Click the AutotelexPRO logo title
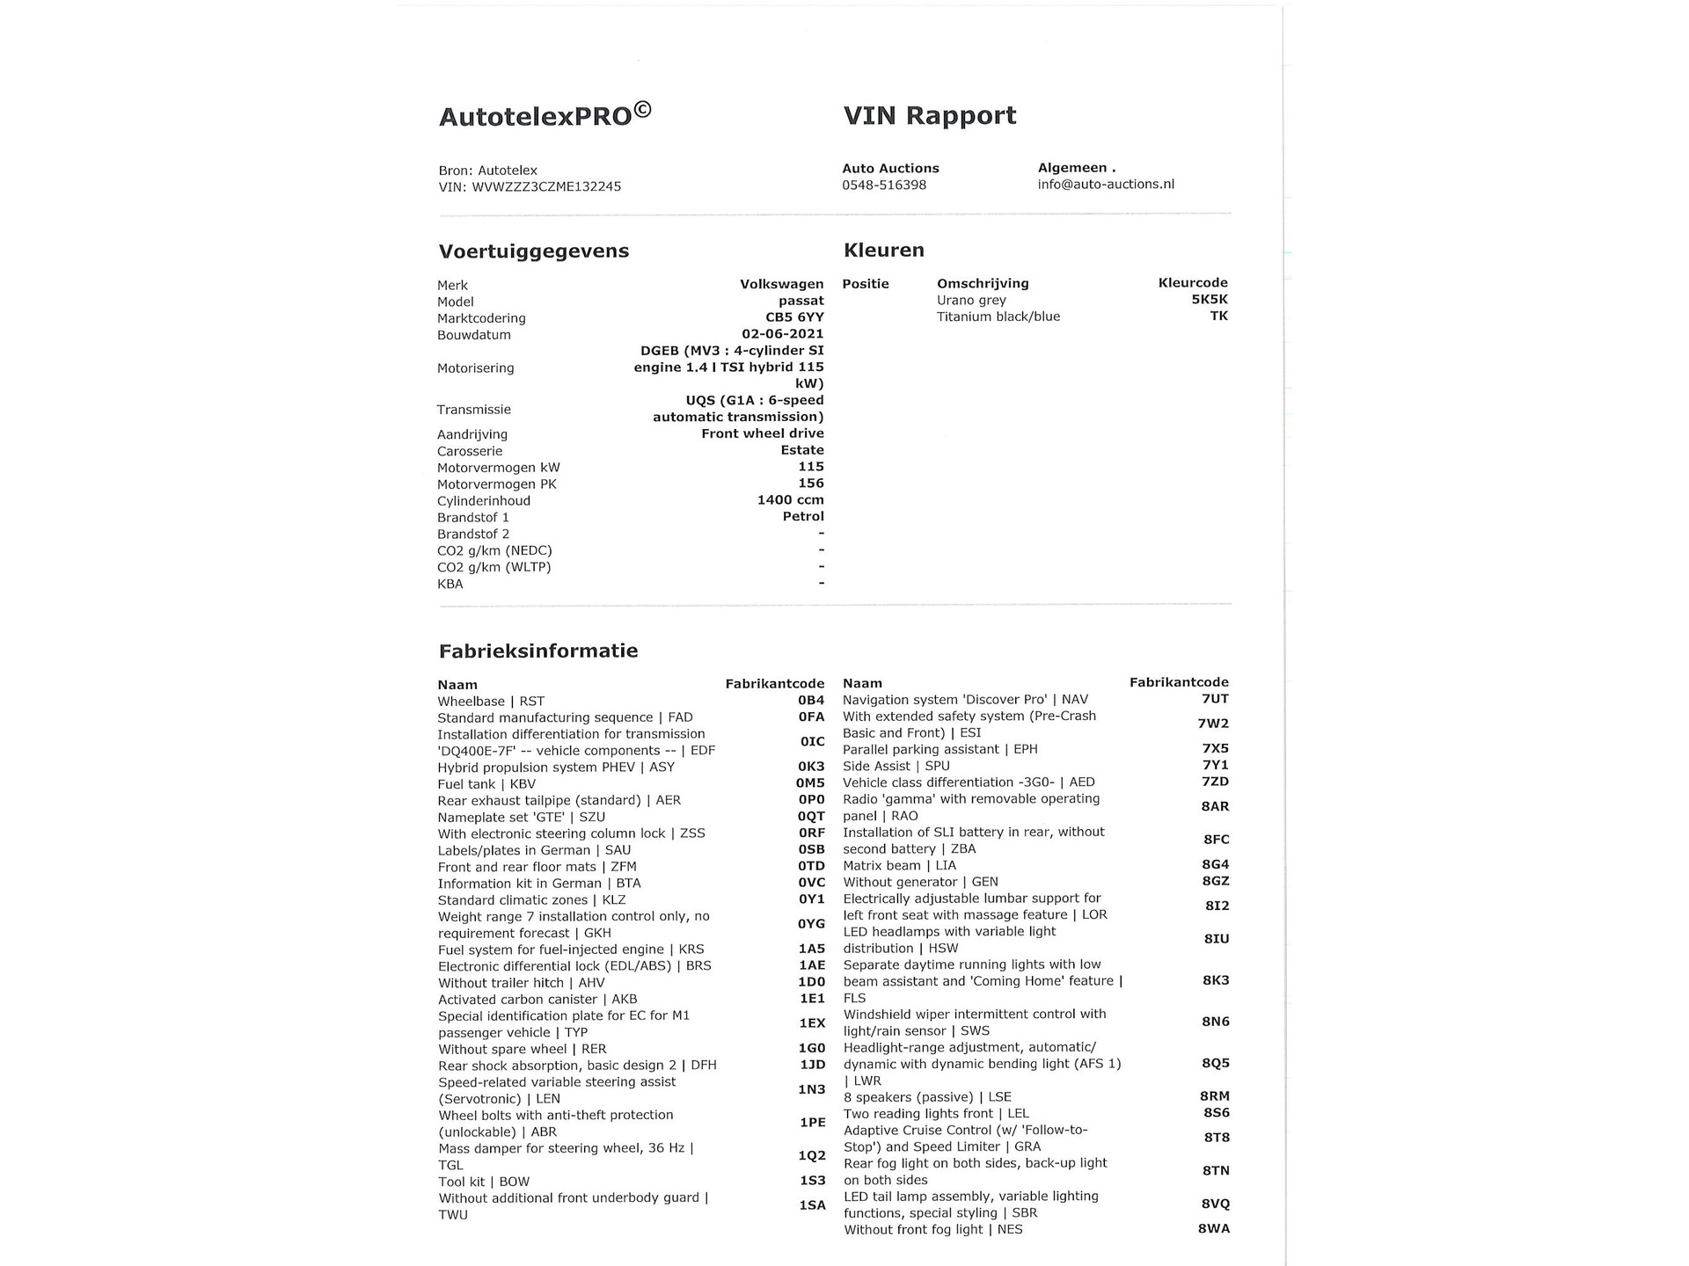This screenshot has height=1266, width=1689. (545, 115)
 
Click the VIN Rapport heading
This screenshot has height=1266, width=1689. (929, 115)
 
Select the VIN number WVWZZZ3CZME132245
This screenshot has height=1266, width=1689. (546, 186)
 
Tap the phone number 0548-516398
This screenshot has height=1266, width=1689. (883, 185)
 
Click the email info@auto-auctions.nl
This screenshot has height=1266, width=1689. (1105, 184)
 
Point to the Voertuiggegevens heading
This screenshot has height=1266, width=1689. (533, 251)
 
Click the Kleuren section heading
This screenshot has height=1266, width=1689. (883, 251)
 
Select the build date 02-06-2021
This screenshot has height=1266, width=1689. (782, 334)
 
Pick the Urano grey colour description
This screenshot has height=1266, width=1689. (971, 301)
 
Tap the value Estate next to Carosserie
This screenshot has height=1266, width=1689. (801, 450)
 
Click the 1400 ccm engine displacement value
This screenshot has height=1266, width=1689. (790, 500)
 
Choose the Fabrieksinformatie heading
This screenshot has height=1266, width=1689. (537, 651)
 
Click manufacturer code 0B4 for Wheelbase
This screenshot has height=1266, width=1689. (810, 701)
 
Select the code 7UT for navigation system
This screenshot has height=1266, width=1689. (1214, 699)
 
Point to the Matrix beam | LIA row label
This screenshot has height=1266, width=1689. (899, 866)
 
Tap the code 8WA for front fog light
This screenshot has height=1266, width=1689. (1213, 1229)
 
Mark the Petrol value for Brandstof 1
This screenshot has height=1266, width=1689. (802, 517)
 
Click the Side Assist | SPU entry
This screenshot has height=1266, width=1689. (896, 766)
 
